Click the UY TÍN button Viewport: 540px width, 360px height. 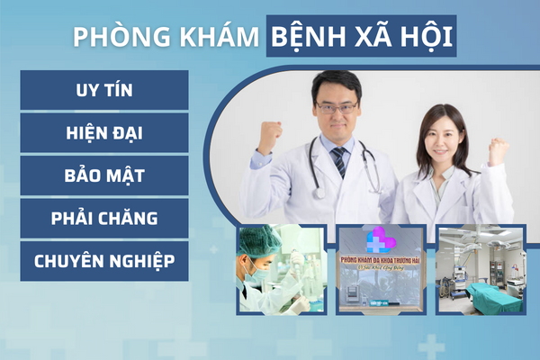click(103, 90)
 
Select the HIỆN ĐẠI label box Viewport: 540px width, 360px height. click(103, 132)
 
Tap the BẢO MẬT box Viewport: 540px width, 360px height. click(103, 175)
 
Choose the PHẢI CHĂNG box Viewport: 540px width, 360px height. click(103, 218)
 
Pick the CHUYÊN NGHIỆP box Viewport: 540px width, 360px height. click(103, 261)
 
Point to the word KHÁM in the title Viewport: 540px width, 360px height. click(214, 37)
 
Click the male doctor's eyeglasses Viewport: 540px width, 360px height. click(336, 106)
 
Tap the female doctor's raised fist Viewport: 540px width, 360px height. click(498, 150)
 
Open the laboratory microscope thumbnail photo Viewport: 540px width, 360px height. click(282, 269)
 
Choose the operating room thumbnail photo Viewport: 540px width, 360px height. click(481, 269)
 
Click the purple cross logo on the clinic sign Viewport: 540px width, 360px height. click(379, 239)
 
